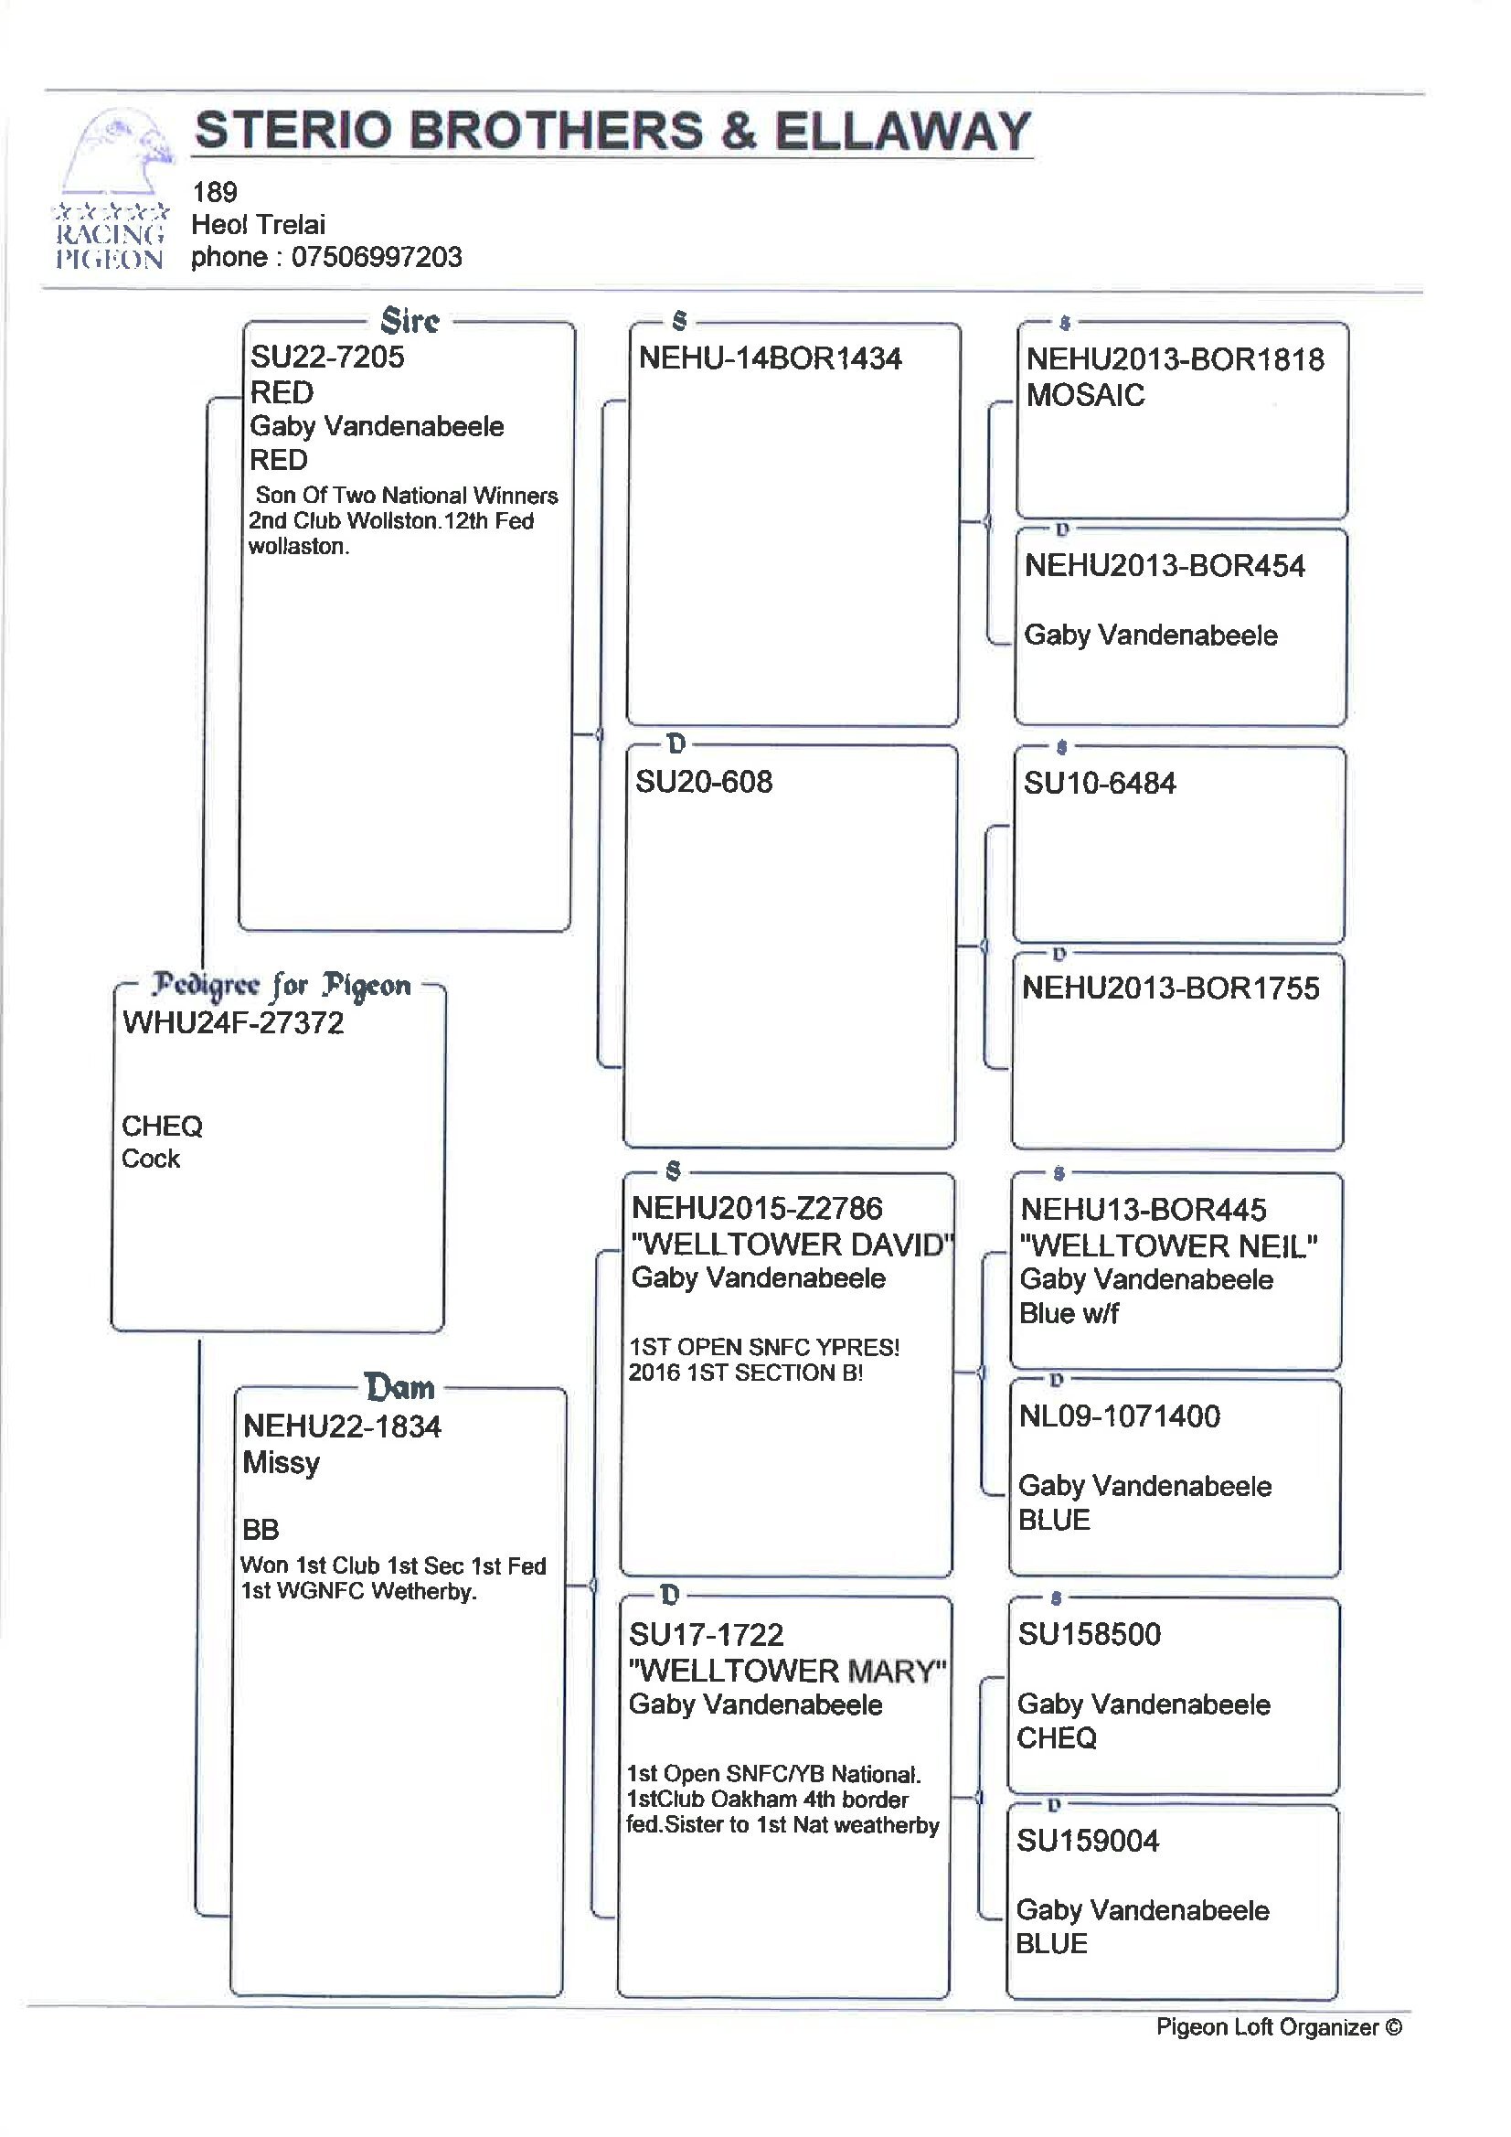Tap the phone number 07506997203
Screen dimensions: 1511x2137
click(377, 257)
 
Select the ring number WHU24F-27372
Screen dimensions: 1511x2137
click(233, 1023)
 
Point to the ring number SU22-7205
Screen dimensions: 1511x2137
click(327, 357)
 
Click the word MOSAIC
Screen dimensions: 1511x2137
click(1085, 395)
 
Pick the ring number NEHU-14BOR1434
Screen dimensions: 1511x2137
click(771, 358)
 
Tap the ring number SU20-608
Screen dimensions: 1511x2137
click(704, 782)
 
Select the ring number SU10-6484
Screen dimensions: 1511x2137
click(1100, 784)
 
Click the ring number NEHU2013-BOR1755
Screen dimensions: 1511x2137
click(1170, 988)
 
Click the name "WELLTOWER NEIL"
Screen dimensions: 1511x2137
click(1168, 1246)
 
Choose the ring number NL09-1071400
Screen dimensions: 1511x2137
click(1119, 1416)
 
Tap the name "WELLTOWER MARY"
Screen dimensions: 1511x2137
click(788, 1671)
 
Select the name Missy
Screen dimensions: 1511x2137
click(281, 1463)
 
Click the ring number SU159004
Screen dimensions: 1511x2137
click(1088, 1841)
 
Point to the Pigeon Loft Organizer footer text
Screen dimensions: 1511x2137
click(1280, 2027)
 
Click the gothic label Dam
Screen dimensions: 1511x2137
click(400, 1388)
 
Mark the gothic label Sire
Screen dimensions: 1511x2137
click(410, 321)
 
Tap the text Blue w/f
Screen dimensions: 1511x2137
click(1069, 1313)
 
